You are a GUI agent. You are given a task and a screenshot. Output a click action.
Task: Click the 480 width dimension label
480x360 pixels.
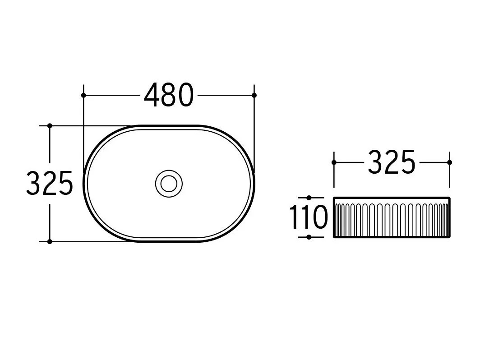(169, 95)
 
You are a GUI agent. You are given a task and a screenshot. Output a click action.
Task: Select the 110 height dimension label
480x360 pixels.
(309, 217)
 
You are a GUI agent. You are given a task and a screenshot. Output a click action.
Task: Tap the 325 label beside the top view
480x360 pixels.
(50, 183)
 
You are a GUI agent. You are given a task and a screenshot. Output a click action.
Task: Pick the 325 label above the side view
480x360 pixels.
(392, 162)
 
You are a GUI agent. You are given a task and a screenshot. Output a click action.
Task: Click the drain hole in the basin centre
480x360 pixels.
(169, 184)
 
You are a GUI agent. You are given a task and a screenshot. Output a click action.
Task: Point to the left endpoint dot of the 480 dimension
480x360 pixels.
(83, 95)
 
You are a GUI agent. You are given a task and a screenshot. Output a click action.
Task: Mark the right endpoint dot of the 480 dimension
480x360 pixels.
(254, 95)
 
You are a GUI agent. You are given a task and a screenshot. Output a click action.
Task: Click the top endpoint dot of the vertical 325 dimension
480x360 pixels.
(50, 126)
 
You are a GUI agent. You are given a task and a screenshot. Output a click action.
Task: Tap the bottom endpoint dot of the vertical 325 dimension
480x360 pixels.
(50, 241)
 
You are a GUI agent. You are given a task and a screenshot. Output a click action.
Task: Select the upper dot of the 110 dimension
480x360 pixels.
(309, 198)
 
